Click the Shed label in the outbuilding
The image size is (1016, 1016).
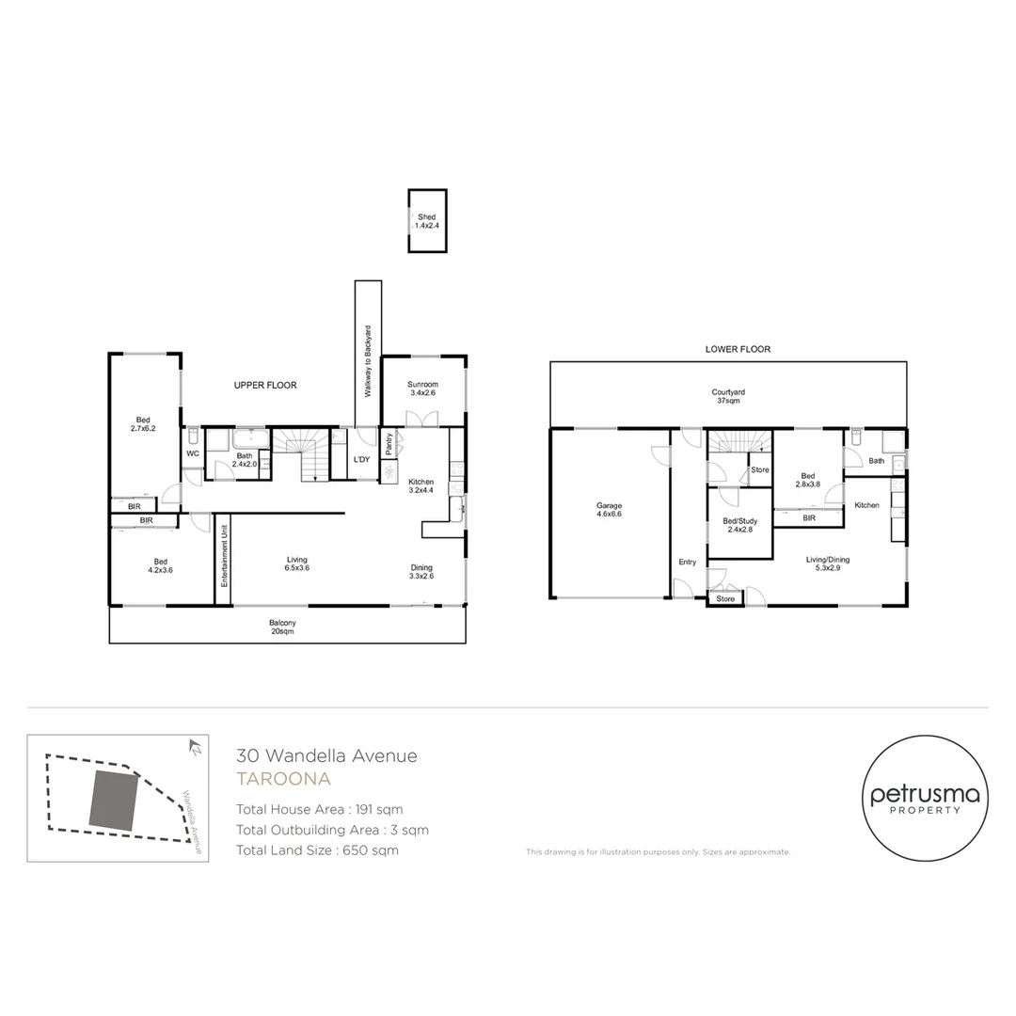click(x=426, y=221)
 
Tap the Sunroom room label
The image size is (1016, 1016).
click(x=422, y=389)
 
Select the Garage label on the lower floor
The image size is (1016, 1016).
click(x=609, y=509)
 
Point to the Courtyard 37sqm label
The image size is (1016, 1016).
click(x=728, y=396)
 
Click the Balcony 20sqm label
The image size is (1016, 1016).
click(x=282, y=627)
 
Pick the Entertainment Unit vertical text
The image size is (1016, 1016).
click(x=224, y=555)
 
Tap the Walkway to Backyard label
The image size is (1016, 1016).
click(x=368, y=361)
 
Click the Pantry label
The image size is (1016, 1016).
click(x=389, y=444)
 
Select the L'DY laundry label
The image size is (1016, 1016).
click(x=361, y=459)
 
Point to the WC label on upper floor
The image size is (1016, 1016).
click(x=193, y=453)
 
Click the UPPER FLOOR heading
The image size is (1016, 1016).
click(x=265, y=385)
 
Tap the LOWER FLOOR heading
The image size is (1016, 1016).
click(x=738, y=349)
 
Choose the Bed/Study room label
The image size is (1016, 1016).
click(x=740, y=525)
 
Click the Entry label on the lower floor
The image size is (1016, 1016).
click(x=688, y=562)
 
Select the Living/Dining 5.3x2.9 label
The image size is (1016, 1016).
click(x=828, y=564)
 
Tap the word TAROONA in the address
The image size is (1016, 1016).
click(x=284, y=778)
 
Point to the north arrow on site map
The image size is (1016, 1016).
click(x=195, y=746)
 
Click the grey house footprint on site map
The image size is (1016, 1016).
click(x=114, y=801)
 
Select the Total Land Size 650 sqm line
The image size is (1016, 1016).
click(x=317, y=850)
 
